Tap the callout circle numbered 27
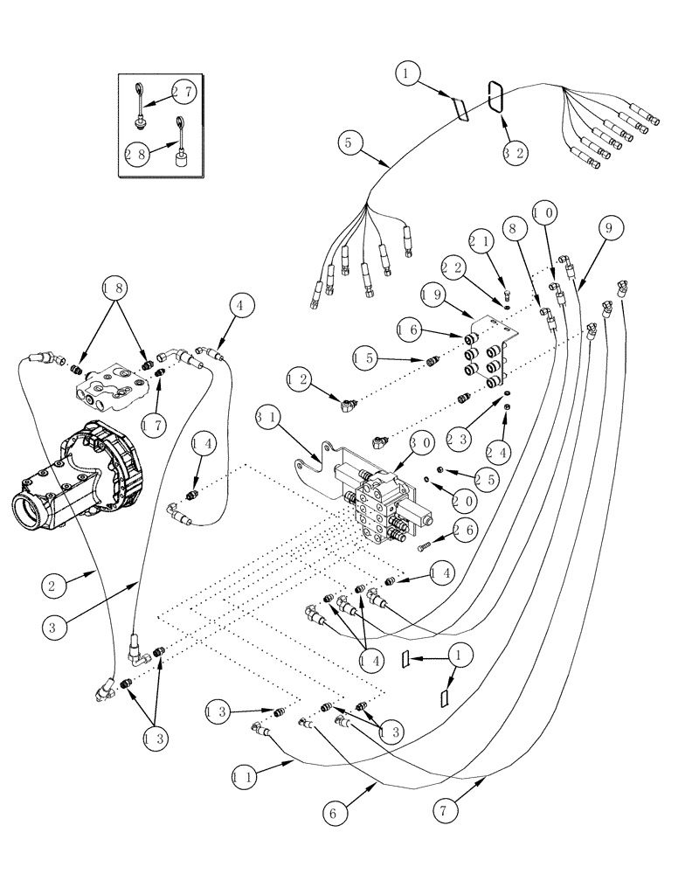[183, 92]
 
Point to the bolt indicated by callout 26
[427, 548]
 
